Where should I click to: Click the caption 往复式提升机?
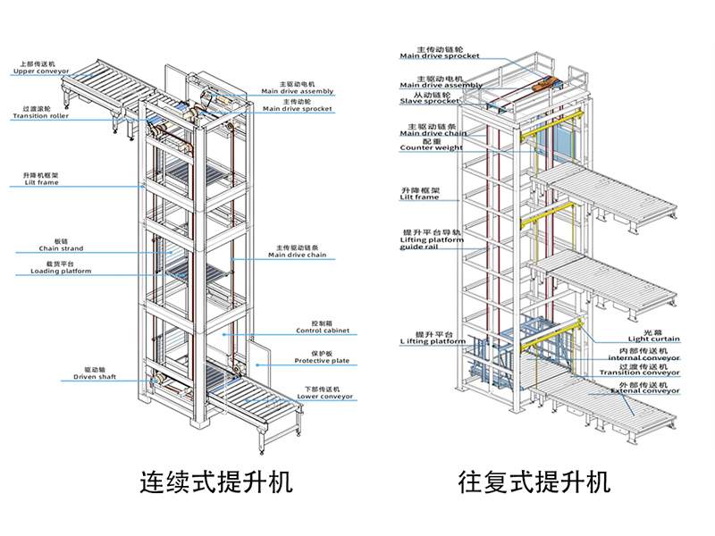click(x=534, y=482)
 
